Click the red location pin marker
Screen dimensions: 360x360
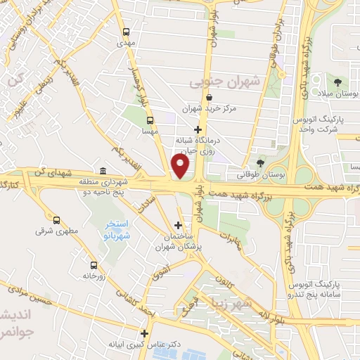pyautogui.click(x=181, y=166)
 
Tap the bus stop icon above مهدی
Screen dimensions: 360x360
pyautogui.click(x=126, y=32)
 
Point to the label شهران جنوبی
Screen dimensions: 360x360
pyautogui.click(x=225, y=83)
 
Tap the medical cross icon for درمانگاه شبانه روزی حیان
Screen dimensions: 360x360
pyautogui.click(x=199, y=129)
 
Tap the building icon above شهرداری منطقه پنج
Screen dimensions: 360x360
pyautogui.click(x=103, y=172)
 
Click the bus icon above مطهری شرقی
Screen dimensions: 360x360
pyautogui.click(x=57, y=219)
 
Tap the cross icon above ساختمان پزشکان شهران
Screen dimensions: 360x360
pyautogui.click(x=178, y=226)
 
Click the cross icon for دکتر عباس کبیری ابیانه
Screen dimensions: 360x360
pyautogui.click(x=145, y=334)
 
